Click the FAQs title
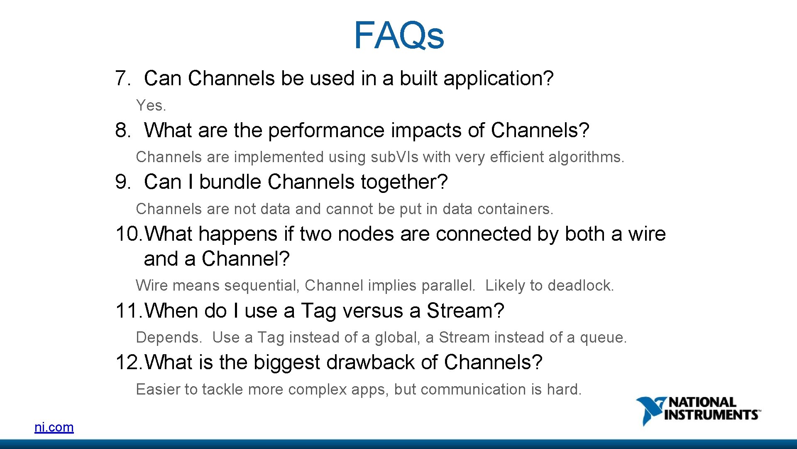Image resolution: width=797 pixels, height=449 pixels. pyautogui.click(x=398, y=36)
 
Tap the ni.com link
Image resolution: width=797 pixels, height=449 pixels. pyautogui.click(x=54, y=427)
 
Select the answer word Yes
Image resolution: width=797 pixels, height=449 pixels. pyautogui.click(x=150, y=106)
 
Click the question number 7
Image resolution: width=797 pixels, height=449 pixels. pyautogui.click(x=122, y=79)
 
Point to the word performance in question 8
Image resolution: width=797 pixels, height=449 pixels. pyautogui.click(x=326, y=131)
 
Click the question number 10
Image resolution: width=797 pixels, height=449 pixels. pyautogui.click(x=129, y=234)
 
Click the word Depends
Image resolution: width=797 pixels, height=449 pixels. pyautogui.click(x=169, y=338)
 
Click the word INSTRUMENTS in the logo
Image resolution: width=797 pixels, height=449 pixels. pyautogui.click(x=711, y=415)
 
